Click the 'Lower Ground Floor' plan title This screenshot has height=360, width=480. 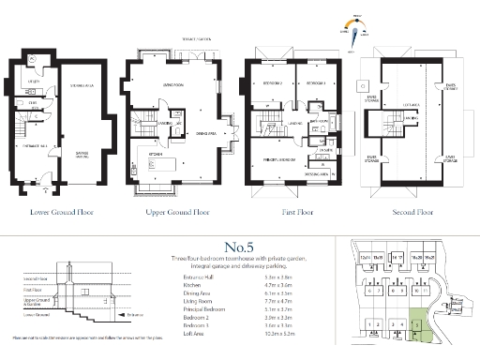60,212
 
